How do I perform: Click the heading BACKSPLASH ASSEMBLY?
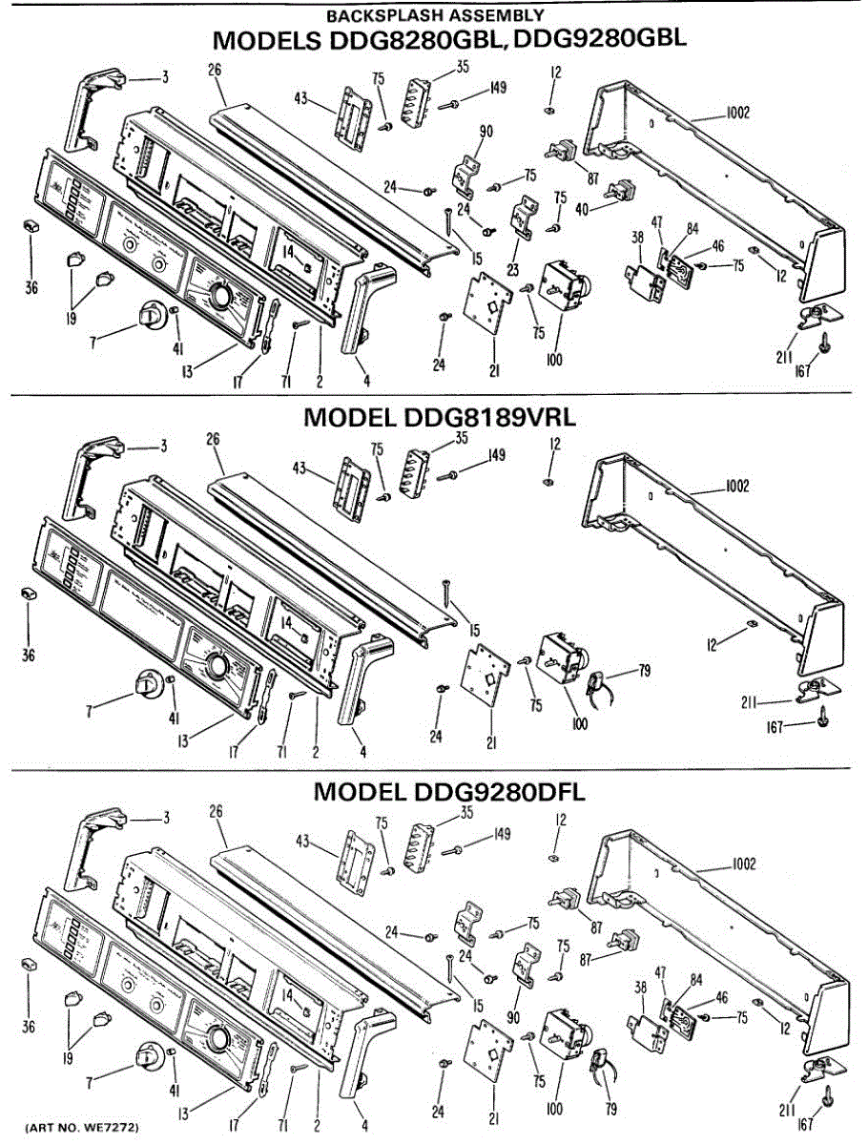click(435, 15)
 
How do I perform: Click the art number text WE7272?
click(114, 1128)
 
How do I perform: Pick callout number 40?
click(582, 207)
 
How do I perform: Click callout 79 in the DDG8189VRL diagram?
click(645, 672)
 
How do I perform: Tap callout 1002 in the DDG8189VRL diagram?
click(736, 486)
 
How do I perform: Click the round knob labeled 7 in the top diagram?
click(149, 314)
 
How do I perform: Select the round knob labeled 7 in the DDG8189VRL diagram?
click(148, 684)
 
